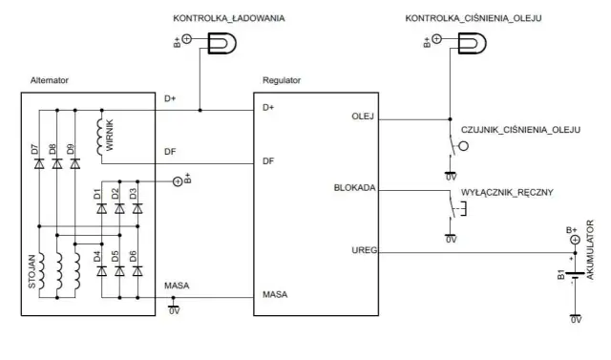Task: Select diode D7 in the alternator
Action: (38, 164)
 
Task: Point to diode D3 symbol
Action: (137, 208)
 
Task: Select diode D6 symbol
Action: (137, 270)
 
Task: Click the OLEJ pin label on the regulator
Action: (364, 117)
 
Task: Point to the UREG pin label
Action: (363, 250)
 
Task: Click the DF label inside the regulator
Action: (268, 161)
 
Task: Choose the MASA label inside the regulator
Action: (275, 294)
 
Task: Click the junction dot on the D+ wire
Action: (200, 110)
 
